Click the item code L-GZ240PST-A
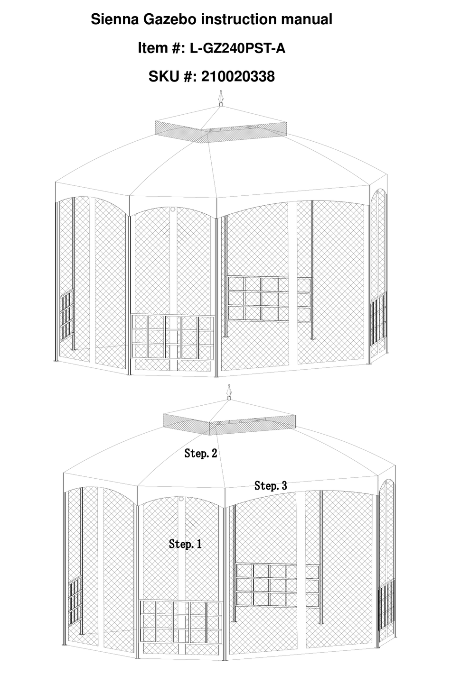coord(237,48)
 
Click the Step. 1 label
coord(185,544)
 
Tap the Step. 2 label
coord(201,453)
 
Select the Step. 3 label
coord(271,485)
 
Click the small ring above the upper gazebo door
coord(173,209)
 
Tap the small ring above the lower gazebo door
coord(181,500)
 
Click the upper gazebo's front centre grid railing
coord(172,342)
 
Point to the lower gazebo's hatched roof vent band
coord(230,423)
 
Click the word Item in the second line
coord(150,48)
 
